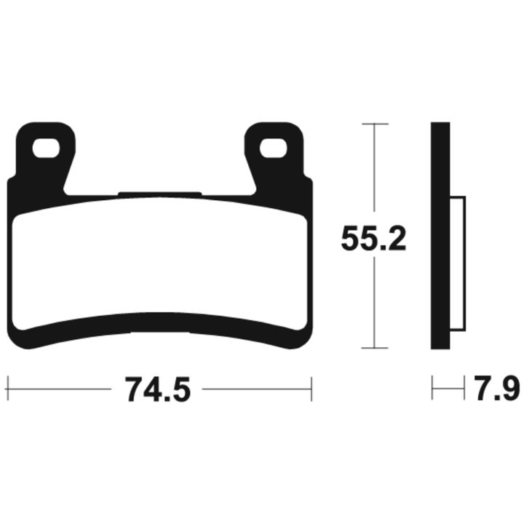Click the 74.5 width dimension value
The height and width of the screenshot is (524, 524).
[x=157, y=389]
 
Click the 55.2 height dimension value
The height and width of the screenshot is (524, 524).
[x=373, y=239]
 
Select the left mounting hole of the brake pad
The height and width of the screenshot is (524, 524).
[x=46, y=148]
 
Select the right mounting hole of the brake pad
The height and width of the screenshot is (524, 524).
[x=274, y=148]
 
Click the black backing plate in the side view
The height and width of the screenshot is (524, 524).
[x=440, y=236]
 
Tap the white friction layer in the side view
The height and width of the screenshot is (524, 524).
[x=458, y=264]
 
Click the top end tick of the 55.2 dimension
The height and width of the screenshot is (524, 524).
[x=375, y=124]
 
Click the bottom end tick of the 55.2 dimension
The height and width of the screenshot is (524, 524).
[x=375, y=348]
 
